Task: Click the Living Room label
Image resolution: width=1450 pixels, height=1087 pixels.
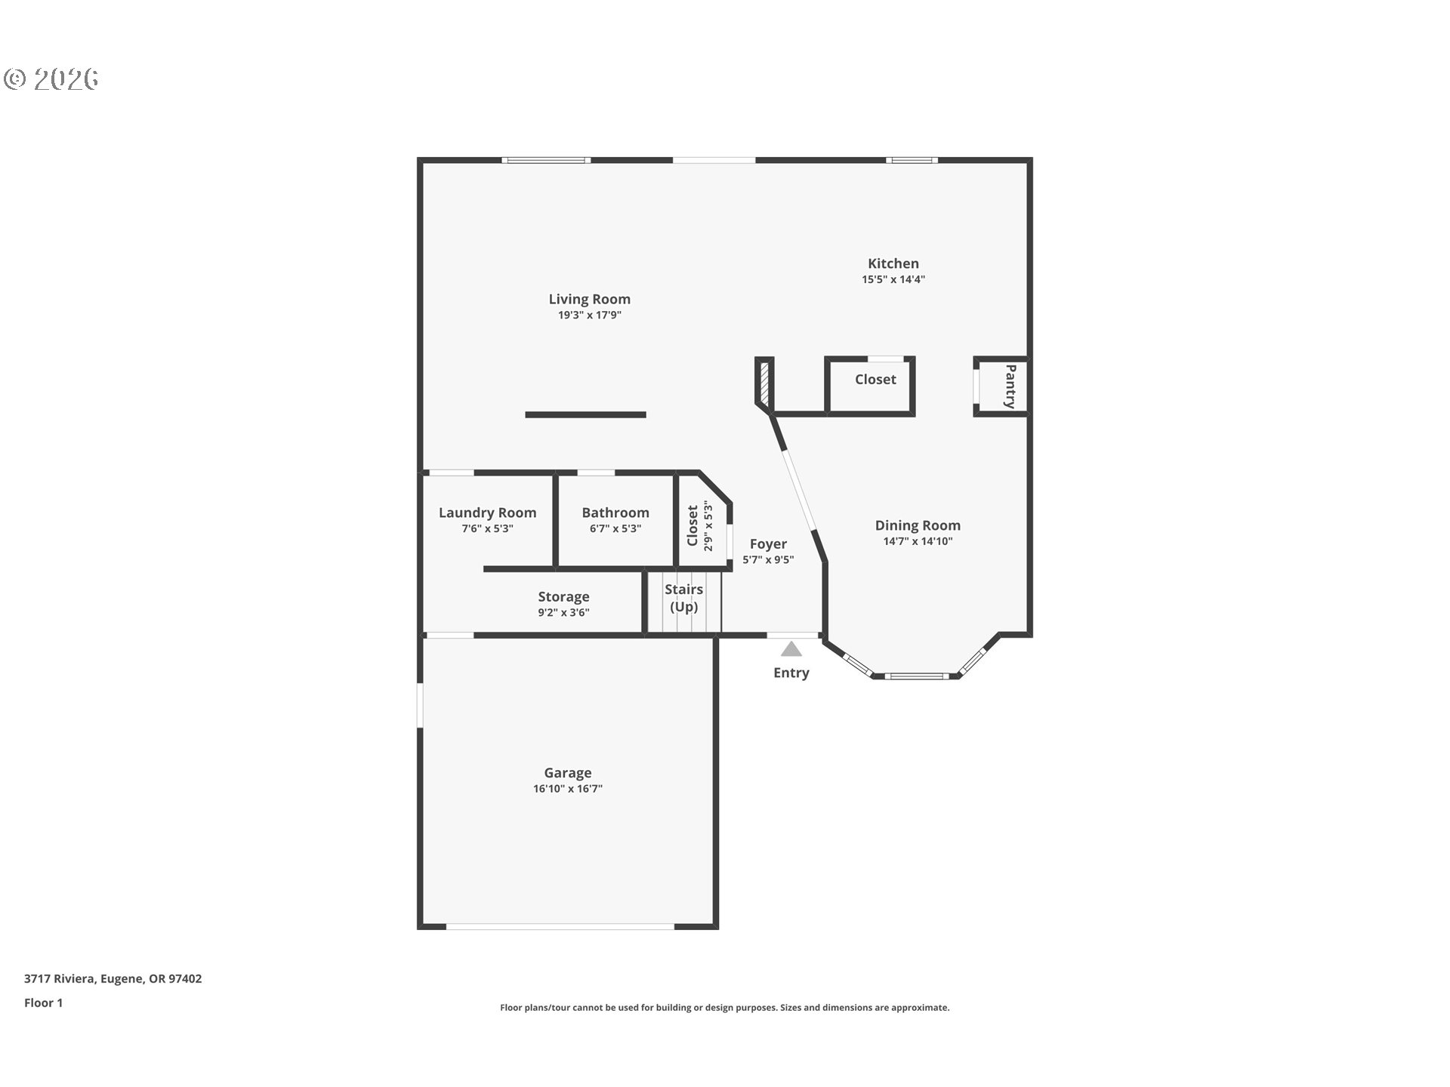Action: [x=589, y=299]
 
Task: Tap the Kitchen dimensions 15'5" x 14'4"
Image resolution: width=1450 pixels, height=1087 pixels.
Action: [x=893, y=279]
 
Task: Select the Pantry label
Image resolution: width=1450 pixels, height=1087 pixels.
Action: [x=1010, y=386]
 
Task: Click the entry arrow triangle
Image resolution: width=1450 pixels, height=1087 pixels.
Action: [x=791, y=649]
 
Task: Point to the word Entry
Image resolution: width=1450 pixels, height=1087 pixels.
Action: [x=791, y=673]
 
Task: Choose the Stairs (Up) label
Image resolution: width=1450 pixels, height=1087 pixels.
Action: [x=683, y=598]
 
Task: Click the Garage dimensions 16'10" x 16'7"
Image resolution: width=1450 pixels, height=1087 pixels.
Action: [x=567, y=789]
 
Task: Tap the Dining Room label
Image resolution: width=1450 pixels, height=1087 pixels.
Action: [x=918, y=525]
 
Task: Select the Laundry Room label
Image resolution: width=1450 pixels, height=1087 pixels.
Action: [x=487, y=513]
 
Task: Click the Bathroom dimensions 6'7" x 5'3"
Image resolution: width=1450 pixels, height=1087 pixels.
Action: [x=615, y=528]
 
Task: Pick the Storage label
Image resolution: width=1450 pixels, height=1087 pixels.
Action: [x=563, y=596]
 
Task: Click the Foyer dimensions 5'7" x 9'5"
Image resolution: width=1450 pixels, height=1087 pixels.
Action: [x=768, y=560]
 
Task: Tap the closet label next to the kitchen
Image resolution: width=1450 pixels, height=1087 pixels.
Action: [x=875, y=380]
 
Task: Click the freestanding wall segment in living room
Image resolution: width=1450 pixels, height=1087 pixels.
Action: [x=585, y=414]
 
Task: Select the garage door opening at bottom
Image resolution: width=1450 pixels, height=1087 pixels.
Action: [x=560, y=926]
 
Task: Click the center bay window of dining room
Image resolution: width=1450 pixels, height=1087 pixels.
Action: [x=915, y=676]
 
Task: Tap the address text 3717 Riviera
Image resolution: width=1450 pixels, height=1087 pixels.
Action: [x=113, y=979]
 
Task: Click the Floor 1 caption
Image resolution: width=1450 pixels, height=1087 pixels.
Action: [x=43, y=1003]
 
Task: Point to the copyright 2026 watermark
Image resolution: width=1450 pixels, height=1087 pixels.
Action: [x=51, y=79]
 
